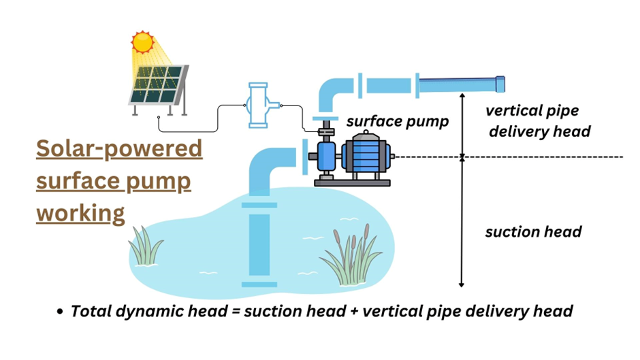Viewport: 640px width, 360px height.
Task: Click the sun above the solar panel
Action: click(143, 42)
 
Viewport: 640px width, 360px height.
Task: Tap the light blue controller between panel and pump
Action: click(259, 105)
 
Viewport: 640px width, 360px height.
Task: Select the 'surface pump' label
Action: click(398, 122)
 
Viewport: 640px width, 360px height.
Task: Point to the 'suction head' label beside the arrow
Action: click(533, 232)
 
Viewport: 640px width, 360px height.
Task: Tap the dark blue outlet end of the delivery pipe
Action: click(500, 84)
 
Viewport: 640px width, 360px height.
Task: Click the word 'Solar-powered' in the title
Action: click(119, 148)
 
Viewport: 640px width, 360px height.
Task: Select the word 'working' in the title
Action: click(80, 212)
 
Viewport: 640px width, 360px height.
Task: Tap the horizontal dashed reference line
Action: click(545, 157)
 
